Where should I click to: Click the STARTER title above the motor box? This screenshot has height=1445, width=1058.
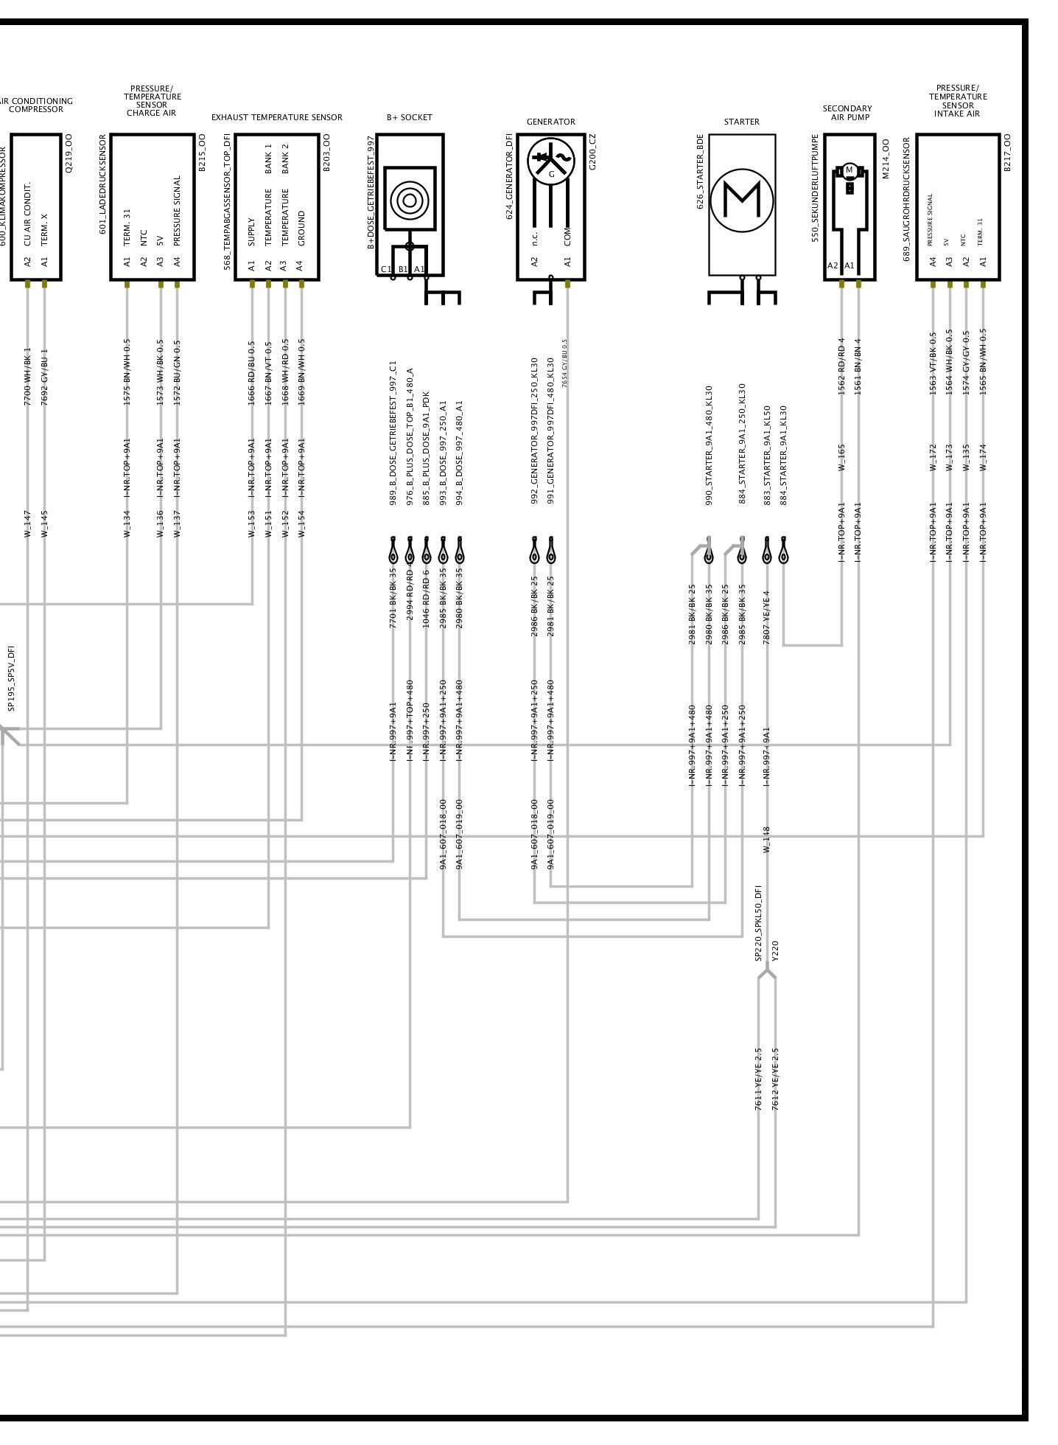coord(741,122)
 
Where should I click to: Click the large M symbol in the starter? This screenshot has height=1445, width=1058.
coord(742,198)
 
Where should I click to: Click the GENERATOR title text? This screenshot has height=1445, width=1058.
coord(550,122)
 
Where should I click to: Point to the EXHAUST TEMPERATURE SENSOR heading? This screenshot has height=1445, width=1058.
coord(276,117)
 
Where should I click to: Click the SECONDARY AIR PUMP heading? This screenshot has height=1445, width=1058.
coord(848,113)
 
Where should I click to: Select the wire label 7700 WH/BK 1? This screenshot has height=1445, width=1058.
coord(28,377)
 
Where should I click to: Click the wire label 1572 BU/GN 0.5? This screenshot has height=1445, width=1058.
coord(177,372)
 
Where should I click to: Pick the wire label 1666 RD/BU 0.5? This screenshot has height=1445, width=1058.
coord(252,373)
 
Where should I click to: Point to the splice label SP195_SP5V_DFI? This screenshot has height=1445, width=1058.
coord(11,678)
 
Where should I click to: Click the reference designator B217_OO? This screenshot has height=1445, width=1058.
coord(1007,152)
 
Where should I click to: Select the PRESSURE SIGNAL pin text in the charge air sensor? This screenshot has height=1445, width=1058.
coord(177,210)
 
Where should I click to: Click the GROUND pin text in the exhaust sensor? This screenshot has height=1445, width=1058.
coord(301,229)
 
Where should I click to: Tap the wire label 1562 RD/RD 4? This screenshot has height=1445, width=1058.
coord(841,366)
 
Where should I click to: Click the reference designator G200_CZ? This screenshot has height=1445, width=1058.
coord(592,152)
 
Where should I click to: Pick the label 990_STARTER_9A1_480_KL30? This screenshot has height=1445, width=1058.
coord(709,445)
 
